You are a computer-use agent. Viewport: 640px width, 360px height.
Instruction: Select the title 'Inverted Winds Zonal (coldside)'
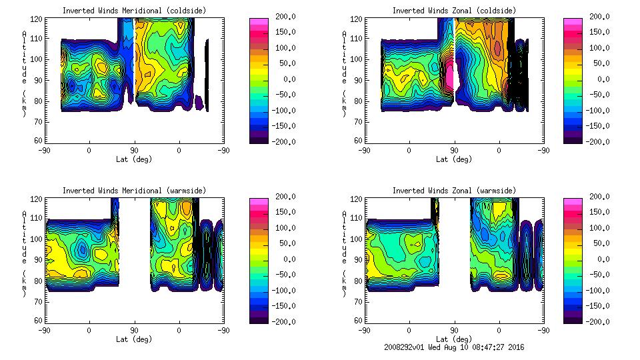click(454, 11)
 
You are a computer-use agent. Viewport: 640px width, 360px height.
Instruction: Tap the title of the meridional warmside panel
click(134, 191)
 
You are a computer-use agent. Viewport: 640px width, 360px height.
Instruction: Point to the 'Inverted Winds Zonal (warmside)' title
click(454, 191)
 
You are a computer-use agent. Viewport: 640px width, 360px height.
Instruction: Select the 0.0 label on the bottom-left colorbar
click(285, 259)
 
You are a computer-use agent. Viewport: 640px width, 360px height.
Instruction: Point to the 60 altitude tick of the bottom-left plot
click(39, 321)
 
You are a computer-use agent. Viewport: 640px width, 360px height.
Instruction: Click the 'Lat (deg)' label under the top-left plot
click(133, 159)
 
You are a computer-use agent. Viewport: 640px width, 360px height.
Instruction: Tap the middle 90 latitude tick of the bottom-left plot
click(134, 330)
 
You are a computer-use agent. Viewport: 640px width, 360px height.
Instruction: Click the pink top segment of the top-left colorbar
click(259, 22)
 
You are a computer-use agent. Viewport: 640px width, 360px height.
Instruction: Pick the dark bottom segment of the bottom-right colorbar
click(573, 318)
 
